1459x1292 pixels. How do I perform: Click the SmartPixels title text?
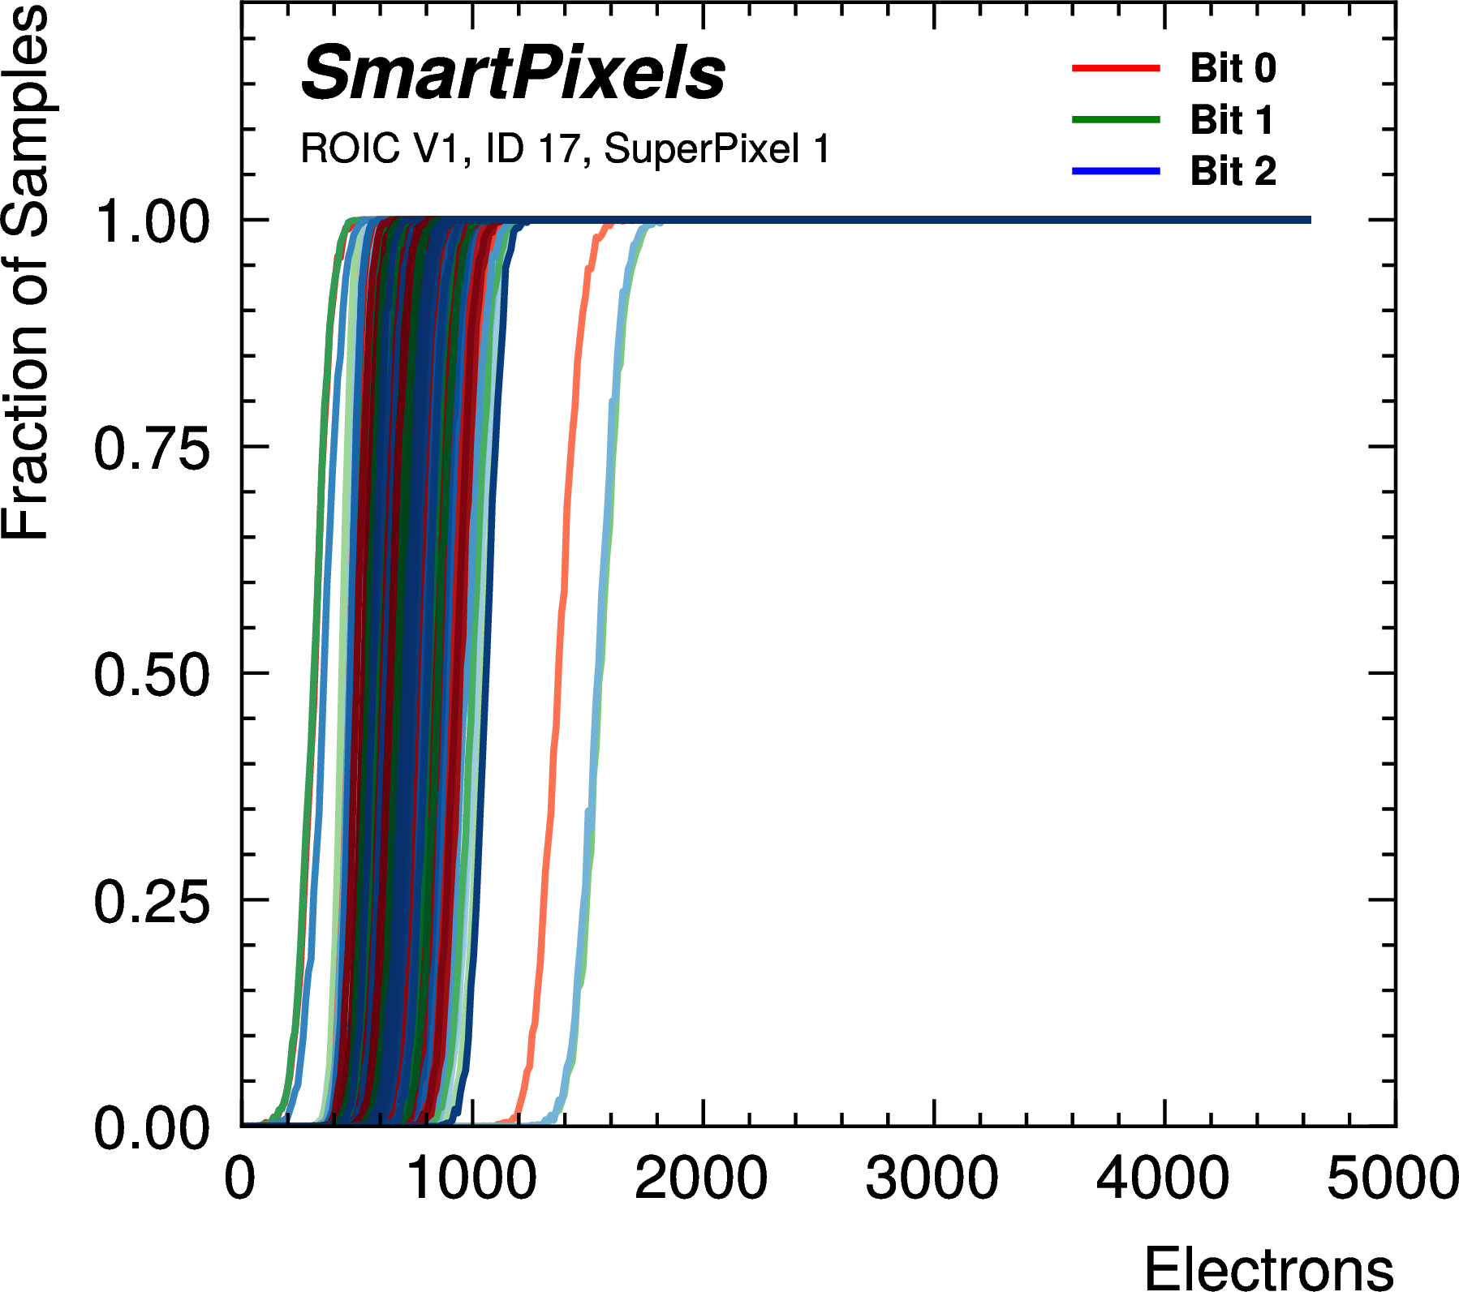[513, 75]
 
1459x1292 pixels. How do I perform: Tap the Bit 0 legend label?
[1233, 68]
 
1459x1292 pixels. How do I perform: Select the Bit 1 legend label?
[1231, 120]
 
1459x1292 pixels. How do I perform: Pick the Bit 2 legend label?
[1233, 171]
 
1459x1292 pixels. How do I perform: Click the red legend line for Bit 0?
[1116, 69]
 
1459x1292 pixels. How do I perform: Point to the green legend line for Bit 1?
[1116, 120]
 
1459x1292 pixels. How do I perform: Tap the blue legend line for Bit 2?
[1116, 171]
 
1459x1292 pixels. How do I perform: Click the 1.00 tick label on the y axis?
[152, 222]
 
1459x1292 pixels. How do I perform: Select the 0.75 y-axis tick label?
[152, 449]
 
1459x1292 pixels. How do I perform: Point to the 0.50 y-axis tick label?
[152, 676]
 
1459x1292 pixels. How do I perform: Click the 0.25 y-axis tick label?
[152, 902]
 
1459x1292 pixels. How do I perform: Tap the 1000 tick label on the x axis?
[471, 1178]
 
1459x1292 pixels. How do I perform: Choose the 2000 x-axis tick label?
[701, 1178]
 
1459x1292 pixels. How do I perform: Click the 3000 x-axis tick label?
[932, 1178]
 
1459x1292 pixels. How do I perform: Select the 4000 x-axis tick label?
[1162, 1178]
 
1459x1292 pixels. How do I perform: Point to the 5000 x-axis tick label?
[1392, 1178]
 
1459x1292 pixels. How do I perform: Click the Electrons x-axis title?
[1268, 1268]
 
